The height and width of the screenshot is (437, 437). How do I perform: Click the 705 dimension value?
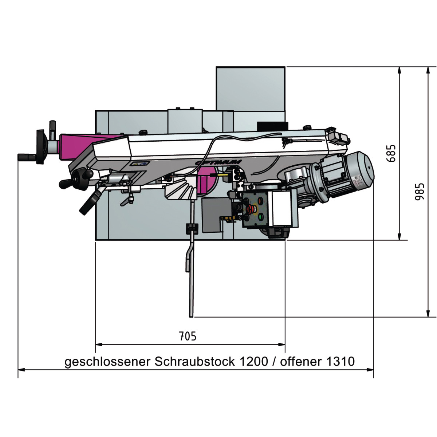(x=188, y=336)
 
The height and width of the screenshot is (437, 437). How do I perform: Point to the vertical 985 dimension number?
(x=420, y=192)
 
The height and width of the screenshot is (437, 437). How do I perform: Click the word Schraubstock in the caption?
(x=195, y=362)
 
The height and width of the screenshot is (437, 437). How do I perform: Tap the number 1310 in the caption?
(x=340, y=361)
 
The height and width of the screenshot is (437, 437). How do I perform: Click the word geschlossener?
(x=107, y=362)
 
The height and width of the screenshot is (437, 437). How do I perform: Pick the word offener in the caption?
(x=301, y=361)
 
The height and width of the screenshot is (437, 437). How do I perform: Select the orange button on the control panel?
(x=260, y=200)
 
